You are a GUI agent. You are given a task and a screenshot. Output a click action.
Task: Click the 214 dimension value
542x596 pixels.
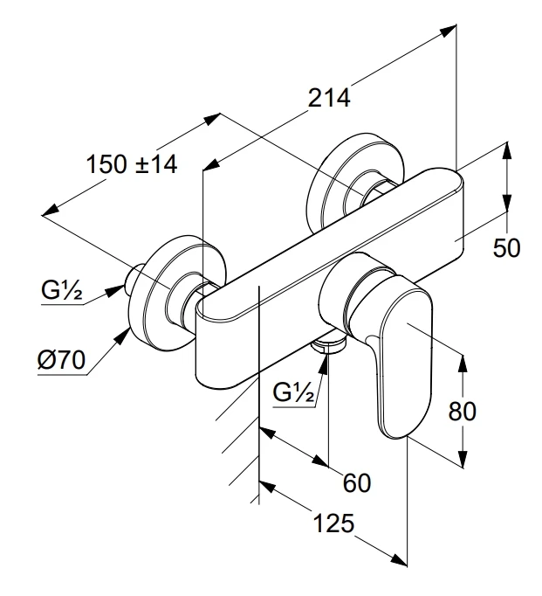[329, 98]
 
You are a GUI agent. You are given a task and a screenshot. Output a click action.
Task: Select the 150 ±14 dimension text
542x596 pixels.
[131, 163]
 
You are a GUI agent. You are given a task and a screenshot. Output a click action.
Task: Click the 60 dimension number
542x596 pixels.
[357, 482]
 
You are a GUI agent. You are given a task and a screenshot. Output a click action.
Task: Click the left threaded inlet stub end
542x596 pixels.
[133, 280]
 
